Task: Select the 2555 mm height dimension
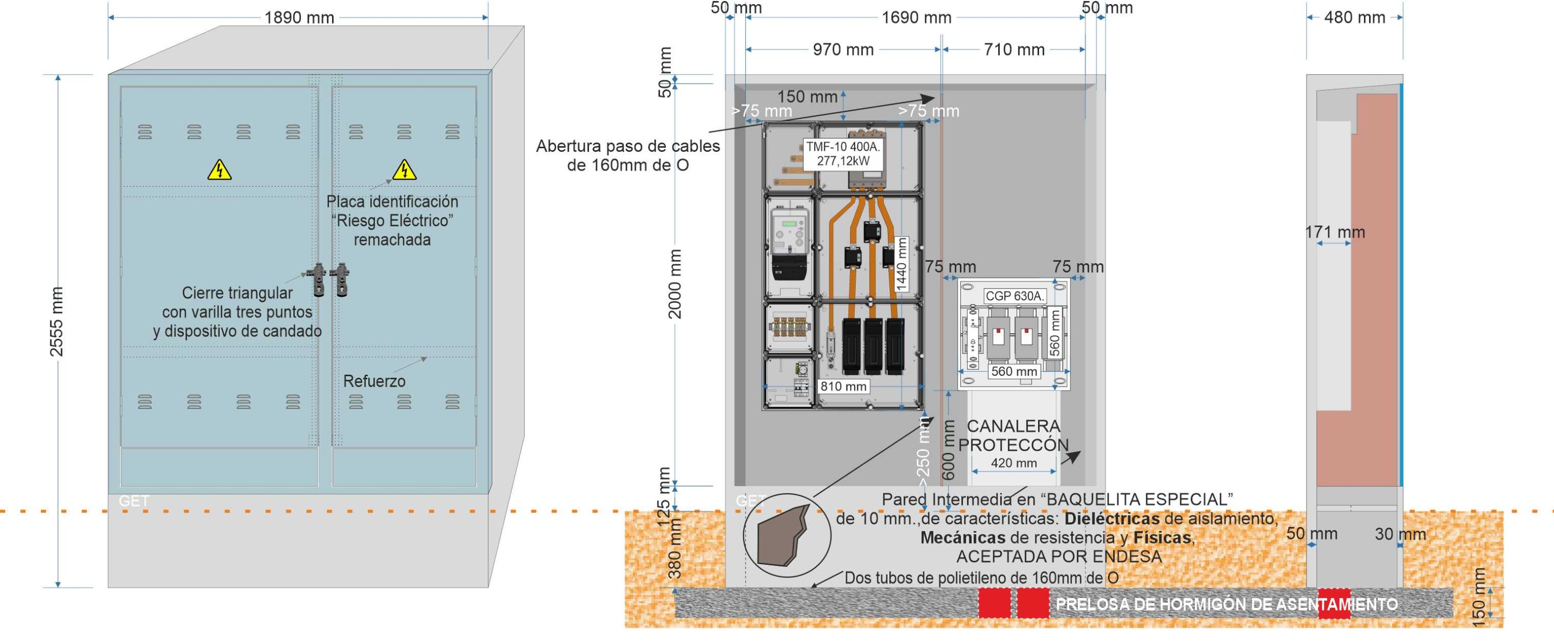pos(56,322)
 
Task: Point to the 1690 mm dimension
pos(916,18)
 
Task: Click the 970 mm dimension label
pos(843,50)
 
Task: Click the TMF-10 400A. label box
pos(843,154)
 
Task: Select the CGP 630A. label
pos(1014,296)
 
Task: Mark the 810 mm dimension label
pos(843,386)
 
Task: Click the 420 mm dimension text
pos(1014,463)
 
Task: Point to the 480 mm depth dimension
pos(1355,18)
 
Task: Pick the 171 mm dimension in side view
pos(1334,232)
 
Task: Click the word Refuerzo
pos(374,381)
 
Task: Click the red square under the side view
pos(1334,604)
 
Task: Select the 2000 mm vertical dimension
pos(675,283)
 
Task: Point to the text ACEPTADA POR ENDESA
pos(1059,557)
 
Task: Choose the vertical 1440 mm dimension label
pos(902,264)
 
